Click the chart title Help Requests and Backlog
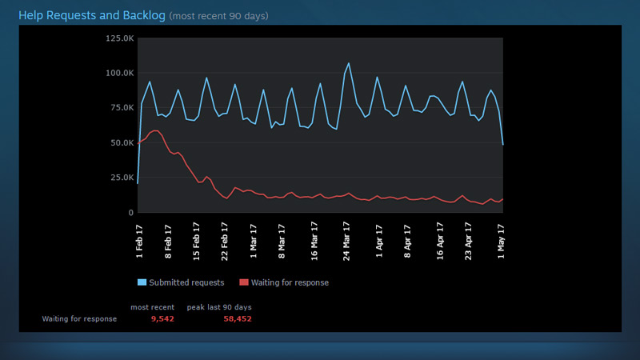tap(92, 15)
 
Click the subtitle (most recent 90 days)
tap(218, 16)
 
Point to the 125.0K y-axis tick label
tap(118, 38)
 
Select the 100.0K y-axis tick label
tap(118, 73)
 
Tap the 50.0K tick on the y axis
tap(120, 142)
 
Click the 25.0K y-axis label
tap(120, 178)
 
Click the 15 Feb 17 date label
tap(196, 237)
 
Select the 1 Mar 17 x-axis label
tap(254, 238)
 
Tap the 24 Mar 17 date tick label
tap(346, 237)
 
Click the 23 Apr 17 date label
tap(470, 237)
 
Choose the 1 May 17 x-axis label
tap(502, 238)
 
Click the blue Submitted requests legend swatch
tap(142, 282)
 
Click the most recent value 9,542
tap(162, 318)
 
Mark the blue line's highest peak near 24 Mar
tap(349, 63)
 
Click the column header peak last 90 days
tap(218, 306)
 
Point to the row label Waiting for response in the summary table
tap(79, 318)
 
